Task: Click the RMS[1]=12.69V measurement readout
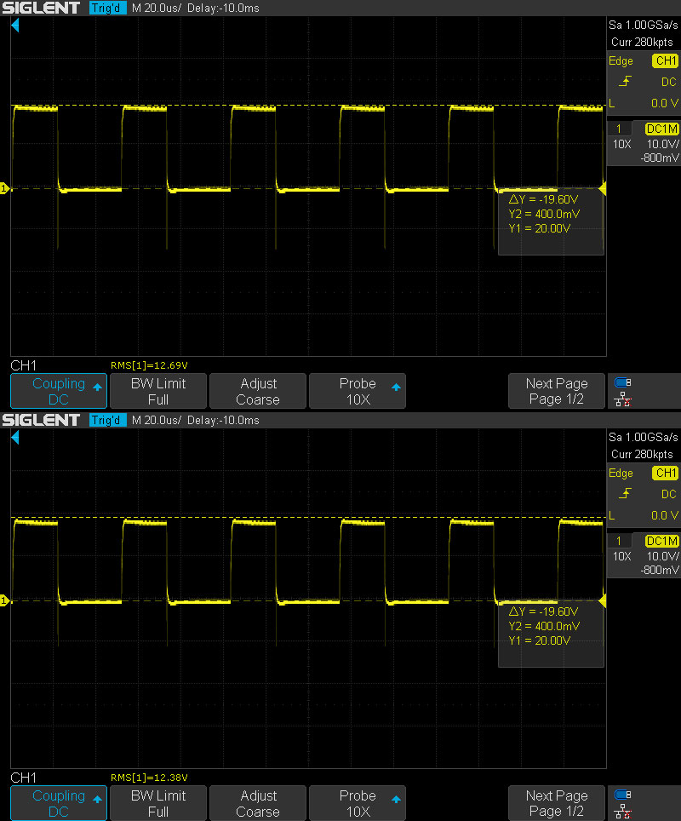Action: (x=149, y=365)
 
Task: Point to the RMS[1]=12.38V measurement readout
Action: (x=149, y=778)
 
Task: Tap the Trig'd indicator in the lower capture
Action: (x=107, y=420)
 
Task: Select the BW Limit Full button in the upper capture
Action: (x=158, y=391)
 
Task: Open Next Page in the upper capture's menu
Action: (x=557, y=391)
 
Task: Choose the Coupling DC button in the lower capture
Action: (x=59, y=803)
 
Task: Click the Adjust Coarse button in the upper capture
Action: (x=258, y=391)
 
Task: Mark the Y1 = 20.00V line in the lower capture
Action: (x=539, y=640)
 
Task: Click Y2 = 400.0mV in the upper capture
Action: (x=544, y=215)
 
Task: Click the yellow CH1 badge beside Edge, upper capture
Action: (x=665, y=61)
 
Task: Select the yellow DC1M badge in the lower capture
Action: (x=662, y=541)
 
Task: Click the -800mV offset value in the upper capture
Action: (x=661, y=158)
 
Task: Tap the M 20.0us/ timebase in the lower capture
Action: (x=157, y=420)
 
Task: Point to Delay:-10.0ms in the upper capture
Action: (x=223, y=8)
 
